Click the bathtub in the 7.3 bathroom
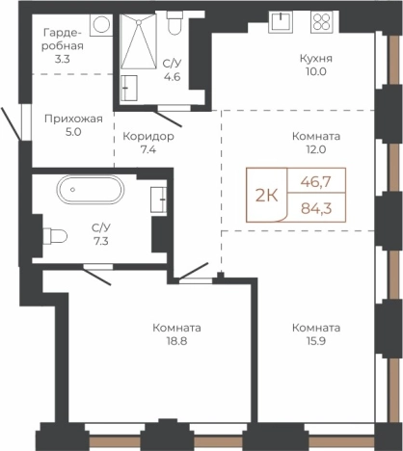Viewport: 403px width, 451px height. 91,190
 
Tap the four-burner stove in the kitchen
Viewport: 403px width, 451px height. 322,21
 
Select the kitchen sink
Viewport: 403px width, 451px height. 281,21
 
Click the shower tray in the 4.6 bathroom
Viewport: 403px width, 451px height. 139,41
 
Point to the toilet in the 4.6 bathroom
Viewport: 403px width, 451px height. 175,22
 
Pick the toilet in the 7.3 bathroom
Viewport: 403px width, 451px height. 55,236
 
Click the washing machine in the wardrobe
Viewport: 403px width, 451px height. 101,24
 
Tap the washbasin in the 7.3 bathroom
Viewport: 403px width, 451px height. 159,199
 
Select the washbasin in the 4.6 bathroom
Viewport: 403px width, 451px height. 129,88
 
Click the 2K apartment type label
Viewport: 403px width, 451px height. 266,196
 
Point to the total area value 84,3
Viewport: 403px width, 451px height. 316,208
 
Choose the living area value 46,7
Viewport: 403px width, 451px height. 315,182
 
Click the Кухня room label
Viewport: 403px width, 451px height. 316,59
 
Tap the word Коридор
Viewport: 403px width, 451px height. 148,137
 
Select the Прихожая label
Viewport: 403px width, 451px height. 73,119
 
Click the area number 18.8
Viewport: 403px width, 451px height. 176,341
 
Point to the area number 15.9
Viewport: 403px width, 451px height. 316,341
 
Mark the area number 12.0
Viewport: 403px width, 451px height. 316,149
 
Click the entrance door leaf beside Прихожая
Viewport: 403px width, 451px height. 11,124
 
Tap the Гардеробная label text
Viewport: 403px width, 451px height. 63,40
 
